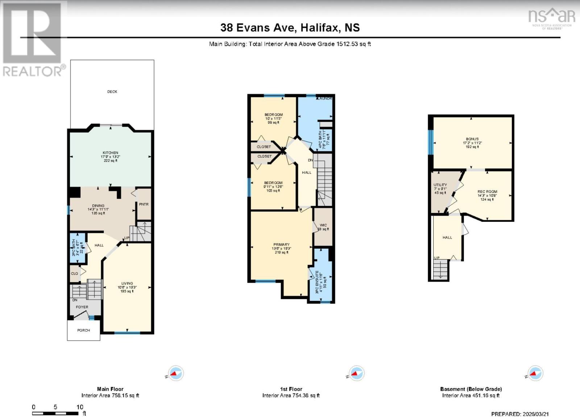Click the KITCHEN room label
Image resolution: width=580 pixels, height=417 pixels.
point(110,153)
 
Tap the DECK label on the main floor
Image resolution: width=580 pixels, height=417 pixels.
point(112,92)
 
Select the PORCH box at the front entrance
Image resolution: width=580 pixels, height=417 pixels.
point(83,330)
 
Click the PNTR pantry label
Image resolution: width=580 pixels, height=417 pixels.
point(144,204)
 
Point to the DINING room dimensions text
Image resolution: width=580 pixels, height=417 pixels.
point(98,209)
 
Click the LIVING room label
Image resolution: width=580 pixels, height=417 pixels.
point(127,283)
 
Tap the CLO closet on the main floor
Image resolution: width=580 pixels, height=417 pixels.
point(74,274)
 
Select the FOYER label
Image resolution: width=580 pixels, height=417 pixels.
point(82,307)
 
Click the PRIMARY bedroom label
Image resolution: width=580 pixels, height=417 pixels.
point(281,245)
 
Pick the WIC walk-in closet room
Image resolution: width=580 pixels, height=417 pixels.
point(323,227)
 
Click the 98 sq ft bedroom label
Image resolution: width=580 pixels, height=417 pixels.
point(274,115)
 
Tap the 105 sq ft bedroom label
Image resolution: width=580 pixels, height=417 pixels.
point(273,183)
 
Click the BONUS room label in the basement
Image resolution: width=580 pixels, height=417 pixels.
point(472,139)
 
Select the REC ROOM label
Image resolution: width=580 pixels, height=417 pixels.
point(487,192)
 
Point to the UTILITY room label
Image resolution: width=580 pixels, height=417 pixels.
point(440,185)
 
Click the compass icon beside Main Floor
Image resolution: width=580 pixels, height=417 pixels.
point(176,373)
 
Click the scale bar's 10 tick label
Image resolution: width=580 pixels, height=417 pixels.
point(80,407)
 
